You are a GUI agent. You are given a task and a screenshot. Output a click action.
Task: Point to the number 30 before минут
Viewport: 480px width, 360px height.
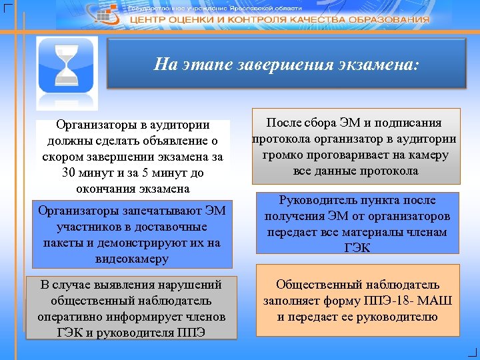click(x=68, y=173)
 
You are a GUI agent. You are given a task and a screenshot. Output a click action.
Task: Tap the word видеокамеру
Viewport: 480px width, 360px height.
click(x=133, y=259)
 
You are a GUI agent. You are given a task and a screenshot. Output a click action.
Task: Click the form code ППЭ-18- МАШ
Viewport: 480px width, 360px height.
click(x=410, y=301)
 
